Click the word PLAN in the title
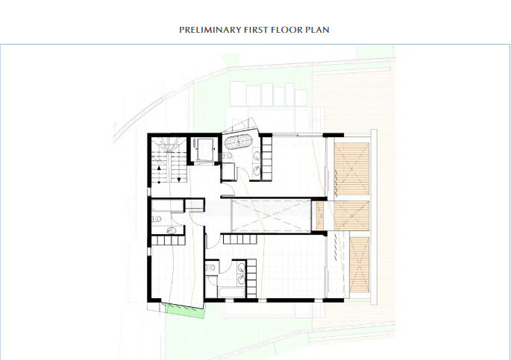coord(319,30)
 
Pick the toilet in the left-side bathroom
coord(156,218)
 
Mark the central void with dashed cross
coord(270,215)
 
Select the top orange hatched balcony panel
coord(351,168)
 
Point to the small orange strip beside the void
coord(319,215)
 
